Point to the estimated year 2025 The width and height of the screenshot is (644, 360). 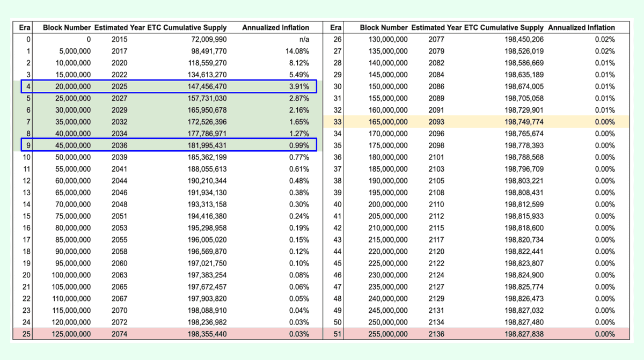pos(120,86)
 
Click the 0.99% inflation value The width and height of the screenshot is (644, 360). pos(299,145)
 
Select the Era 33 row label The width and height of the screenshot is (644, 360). pos(337,122)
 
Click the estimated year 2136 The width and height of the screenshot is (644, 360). pos(436,334)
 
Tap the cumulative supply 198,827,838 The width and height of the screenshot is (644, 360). pos(524,334)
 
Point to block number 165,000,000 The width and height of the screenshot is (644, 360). pos(388,122)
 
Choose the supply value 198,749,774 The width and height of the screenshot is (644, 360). pos(524,122)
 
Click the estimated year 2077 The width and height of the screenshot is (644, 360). pos(436,39)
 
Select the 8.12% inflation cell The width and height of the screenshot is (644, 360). pos(299,63)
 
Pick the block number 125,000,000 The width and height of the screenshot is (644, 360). pos(71,334)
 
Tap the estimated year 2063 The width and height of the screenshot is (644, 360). pos(120,275)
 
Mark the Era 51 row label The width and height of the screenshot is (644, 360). pos(337,334)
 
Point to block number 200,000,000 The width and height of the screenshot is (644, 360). pos(388,204)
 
